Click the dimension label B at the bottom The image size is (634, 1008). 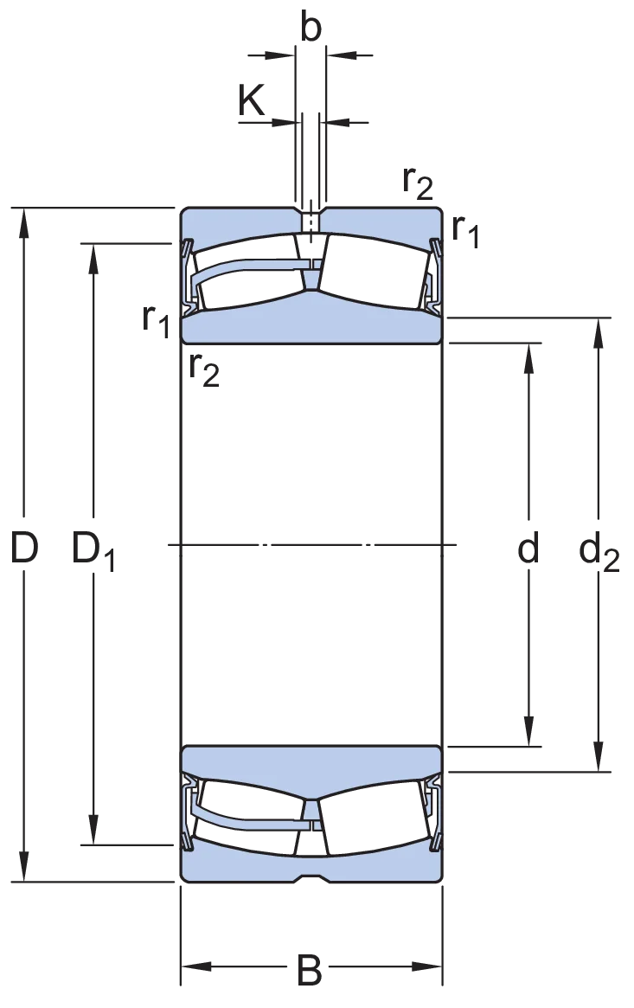coord(309,971)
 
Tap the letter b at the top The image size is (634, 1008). coord(311,28)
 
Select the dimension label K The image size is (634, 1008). coord(251,100)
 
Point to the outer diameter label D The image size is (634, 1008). coord(24,548)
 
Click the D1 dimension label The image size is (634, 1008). coord(93,550)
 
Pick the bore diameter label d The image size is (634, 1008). coord(528,548)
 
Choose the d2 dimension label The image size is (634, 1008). coord(599,551)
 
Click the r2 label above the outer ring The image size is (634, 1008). coord(418,183)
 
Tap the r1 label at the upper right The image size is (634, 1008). coord(465,230)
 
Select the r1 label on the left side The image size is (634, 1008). coord(156,320)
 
